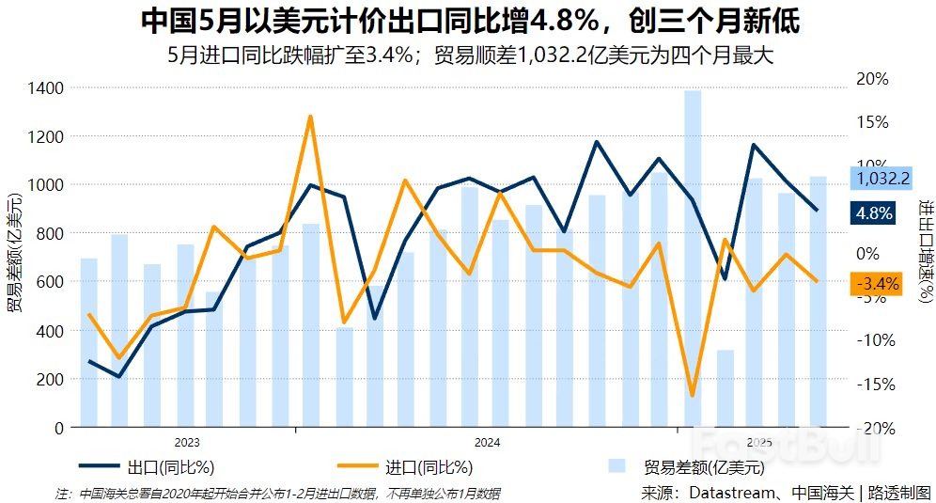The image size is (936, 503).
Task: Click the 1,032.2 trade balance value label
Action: [880, 178]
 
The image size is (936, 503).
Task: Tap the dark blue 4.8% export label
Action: [874, 212]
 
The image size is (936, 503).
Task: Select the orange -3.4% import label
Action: [875, 283]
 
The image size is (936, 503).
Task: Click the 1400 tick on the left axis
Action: [46, 88]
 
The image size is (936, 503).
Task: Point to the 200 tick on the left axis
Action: [52, 379]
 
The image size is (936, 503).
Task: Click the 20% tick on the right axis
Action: [873, 79]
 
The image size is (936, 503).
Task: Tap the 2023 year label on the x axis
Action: [187, 441]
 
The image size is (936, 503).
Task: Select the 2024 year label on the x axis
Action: [487, 441]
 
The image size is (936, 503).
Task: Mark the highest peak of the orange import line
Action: [310, 117]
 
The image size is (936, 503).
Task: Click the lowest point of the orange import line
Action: [693, 395]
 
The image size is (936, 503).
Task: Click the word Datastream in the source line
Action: [730, 492]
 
